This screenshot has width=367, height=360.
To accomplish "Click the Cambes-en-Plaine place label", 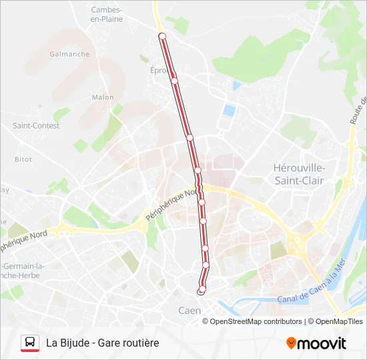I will point(106,14).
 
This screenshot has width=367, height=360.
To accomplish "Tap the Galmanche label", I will point(69,54).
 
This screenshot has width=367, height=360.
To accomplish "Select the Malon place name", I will point(102,97).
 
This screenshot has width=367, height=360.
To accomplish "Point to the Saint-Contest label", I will point(33,125).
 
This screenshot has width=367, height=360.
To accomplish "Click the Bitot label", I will point(23,159).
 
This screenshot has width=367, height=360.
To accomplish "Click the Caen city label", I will point(190,311).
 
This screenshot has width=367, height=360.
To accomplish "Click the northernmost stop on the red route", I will point(161,35).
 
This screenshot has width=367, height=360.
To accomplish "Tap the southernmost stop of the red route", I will point(201,291).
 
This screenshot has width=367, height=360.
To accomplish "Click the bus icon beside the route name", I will point(29,343).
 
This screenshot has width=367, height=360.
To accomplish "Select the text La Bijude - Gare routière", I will point(103,343).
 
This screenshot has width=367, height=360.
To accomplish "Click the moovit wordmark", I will point(322,343).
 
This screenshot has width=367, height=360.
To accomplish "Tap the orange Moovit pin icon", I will point(291,343).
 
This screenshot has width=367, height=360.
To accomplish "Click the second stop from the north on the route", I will point(174,81).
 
